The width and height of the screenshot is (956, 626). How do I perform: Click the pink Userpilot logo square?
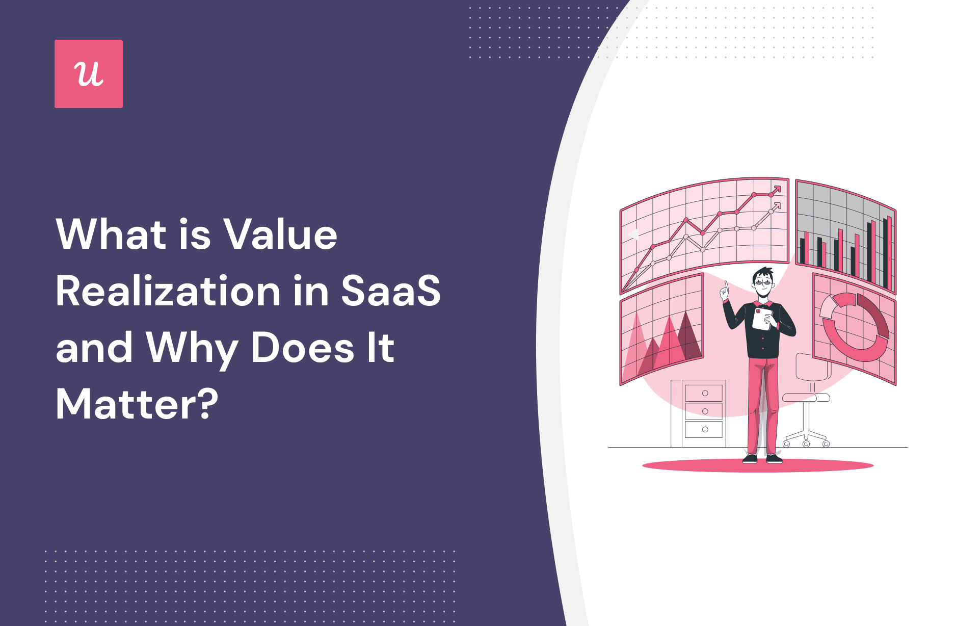89,74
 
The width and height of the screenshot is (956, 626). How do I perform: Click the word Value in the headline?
281,234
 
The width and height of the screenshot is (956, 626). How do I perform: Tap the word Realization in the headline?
168,292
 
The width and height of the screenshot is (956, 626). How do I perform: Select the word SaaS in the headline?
390,292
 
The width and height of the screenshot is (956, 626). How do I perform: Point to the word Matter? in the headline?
137,404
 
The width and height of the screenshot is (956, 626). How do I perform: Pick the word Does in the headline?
302,348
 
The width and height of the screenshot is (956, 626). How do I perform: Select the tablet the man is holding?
761,319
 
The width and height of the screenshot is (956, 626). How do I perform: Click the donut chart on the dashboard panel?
855,326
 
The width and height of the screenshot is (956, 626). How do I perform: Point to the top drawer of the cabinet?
704,393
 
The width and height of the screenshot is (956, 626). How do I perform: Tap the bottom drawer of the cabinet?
704,429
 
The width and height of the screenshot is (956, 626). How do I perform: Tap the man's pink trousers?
763,403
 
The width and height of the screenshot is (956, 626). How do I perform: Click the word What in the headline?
112,234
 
